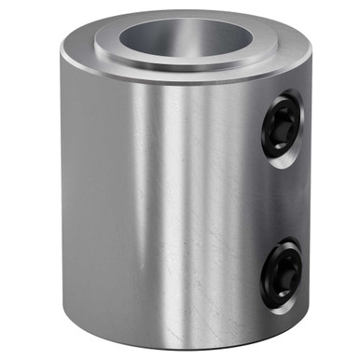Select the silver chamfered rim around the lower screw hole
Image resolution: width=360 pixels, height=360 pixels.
292,248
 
